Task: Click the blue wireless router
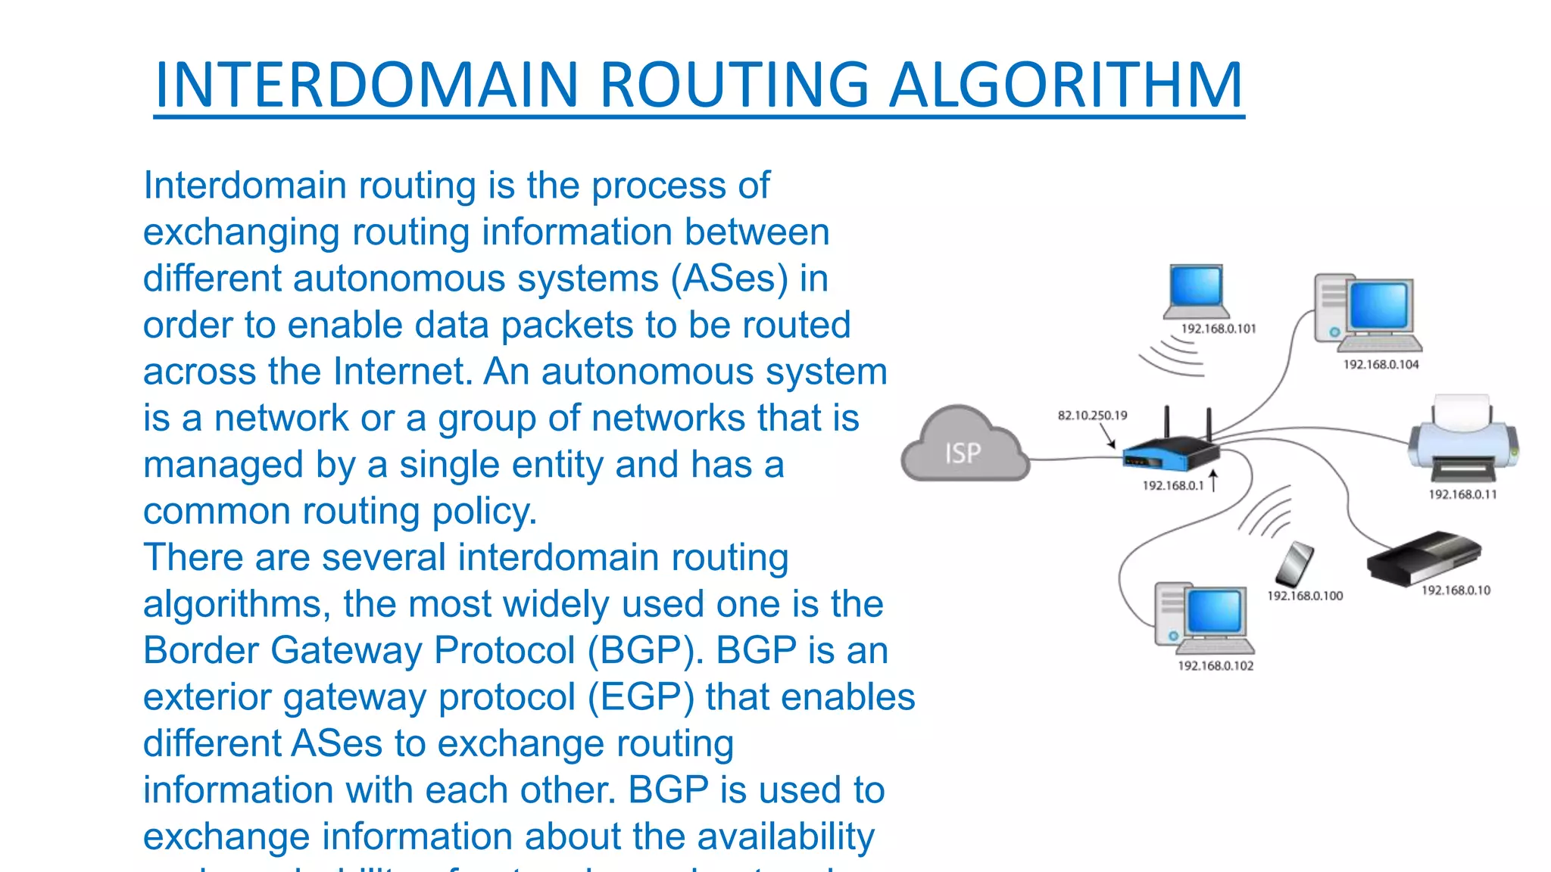coord(1170,451)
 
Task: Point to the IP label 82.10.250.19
coord(1092,416)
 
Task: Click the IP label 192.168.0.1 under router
coord(1172,486)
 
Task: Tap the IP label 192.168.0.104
coord(1381,365)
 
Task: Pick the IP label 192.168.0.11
coord(1462,495)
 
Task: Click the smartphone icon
coord(1294,564)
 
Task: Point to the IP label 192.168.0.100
coord(1305,596)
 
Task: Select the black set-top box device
coord(1423,557)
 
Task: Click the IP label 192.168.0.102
coord(1216,666)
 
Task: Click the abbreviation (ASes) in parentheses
coord(729,279)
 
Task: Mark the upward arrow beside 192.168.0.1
coord(1213,480)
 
